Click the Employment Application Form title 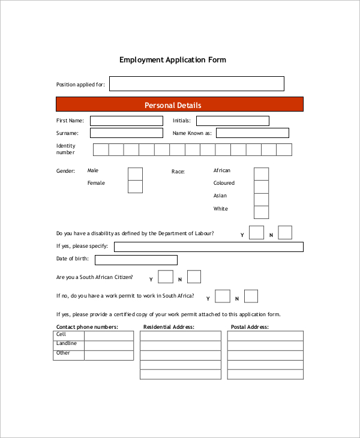173,60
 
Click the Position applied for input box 196,84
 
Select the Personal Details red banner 179,105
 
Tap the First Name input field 126,121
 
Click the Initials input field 232,121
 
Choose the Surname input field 126,133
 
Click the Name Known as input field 252,133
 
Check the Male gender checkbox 135,173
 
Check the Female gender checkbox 135,187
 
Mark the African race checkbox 261,173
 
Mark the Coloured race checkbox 261,187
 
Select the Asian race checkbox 261,199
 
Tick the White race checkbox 261,212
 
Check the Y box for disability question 256,233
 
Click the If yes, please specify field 208,247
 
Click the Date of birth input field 136,260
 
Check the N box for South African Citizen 194,277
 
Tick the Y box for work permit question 223,296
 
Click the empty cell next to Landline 109,345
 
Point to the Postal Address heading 250,327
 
